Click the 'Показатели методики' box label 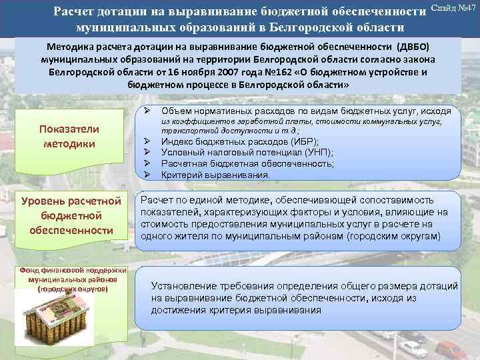pos(69,136)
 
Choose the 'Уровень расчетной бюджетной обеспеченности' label pos(70,215)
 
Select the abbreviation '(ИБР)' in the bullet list pos(302,142)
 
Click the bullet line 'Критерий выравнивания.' pos(215,175)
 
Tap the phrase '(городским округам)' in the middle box pos(397,237)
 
